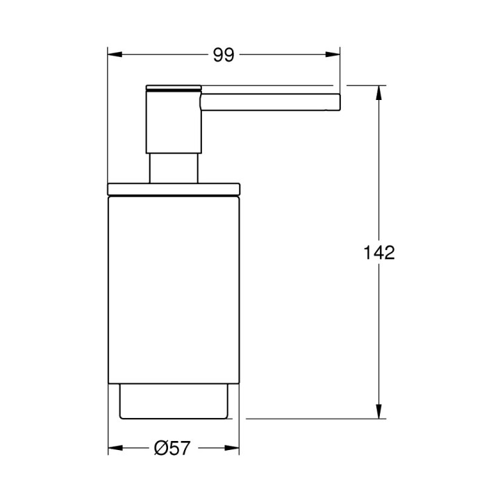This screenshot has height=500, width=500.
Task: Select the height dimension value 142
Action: [379, 253]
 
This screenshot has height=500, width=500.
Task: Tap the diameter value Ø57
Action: [172, 449]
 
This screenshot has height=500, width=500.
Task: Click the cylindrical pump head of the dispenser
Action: [172, 122]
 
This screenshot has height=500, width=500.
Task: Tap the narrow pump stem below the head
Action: [174, 168]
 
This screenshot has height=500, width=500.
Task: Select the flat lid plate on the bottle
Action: [174, 189]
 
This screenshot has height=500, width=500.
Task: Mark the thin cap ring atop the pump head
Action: [174, 87]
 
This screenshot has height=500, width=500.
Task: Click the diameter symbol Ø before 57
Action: [160, 449]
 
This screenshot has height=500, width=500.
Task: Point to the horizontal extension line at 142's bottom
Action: [312, 419]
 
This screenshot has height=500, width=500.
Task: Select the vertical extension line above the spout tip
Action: [340, 69]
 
